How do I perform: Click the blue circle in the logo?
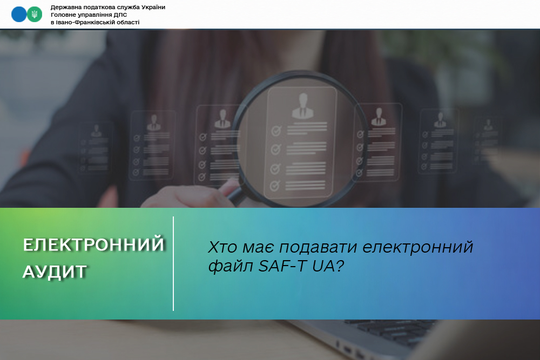pos(19,14)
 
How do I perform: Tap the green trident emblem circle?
pos(35,14)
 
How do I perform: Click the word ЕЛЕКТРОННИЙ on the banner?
pos(93,245)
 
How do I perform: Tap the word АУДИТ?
pos(55,271)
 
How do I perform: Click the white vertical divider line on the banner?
pos(173,263)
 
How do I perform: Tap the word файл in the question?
pos(231,266)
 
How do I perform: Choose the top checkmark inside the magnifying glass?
pos(276,131)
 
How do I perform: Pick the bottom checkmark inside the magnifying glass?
pos(275,186)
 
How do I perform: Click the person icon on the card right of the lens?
pos(379,117)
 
